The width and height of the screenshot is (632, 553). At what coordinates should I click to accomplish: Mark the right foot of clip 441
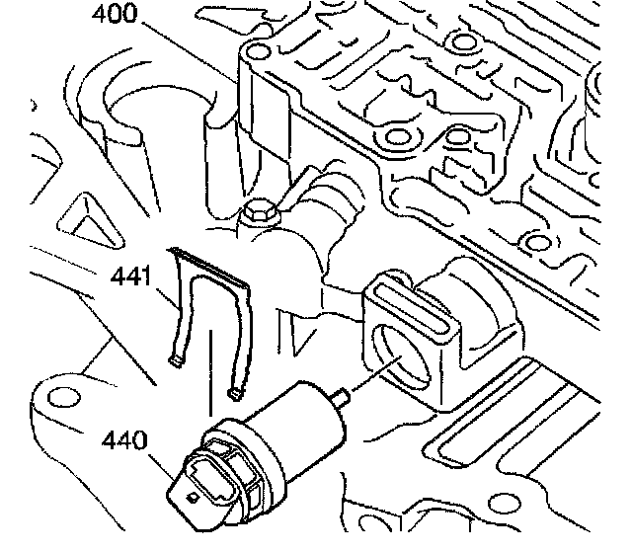(x=236, y=395)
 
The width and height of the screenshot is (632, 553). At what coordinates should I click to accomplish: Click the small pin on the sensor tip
(x=343, y=400)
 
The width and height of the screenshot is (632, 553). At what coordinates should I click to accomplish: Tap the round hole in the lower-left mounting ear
(x=65, y=397)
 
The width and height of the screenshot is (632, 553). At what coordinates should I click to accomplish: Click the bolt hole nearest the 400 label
(x=258, y=51)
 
